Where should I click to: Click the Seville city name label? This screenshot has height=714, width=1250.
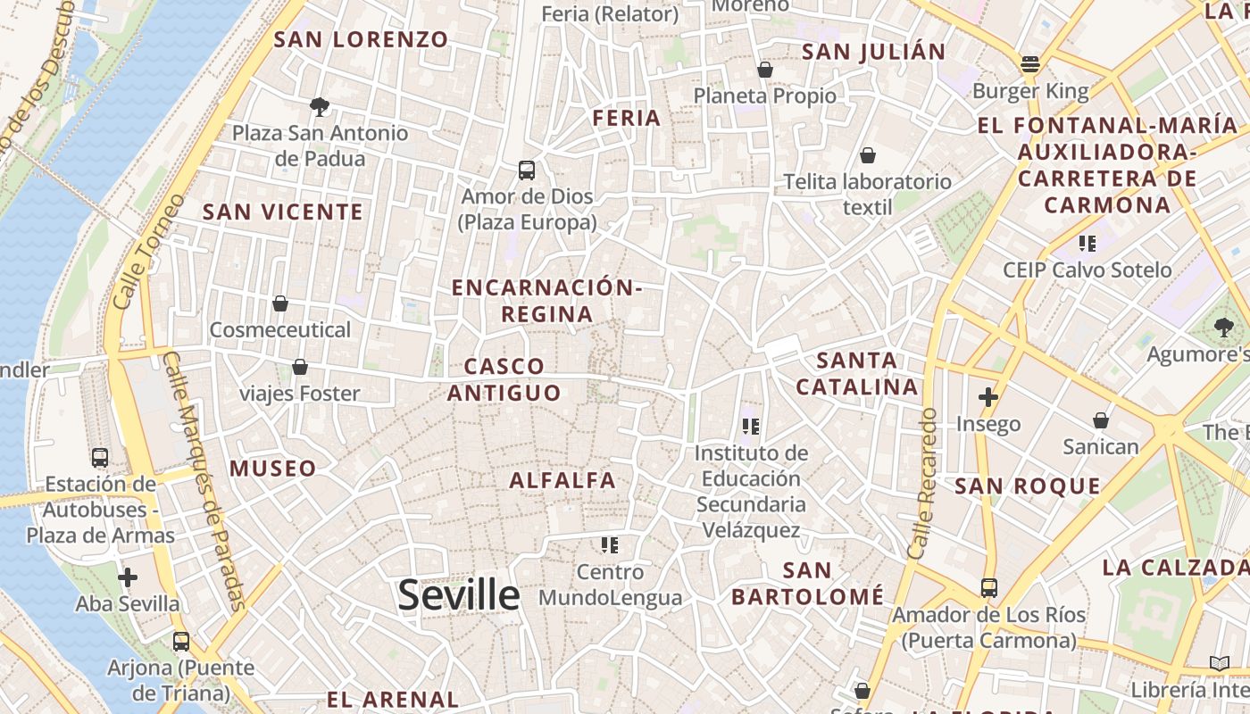tap(458, 595)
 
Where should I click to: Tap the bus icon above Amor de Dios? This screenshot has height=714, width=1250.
tap(527, 170)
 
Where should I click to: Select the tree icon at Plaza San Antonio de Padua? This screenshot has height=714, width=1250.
tap(320, 107)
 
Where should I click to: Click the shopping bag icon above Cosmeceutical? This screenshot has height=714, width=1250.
tap(280, 303)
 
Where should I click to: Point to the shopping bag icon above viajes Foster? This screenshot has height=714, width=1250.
tap(300, 367)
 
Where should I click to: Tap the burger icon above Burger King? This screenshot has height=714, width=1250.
tap(1030, 64)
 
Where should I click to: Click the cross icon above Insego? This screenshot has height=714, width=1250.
tap(988, 397)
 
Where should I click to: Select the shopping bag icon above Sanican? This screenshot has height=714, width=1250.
tap(1101, 419)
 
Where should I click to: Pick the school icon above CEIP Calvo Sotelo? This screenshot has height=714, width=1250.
tap(1087, 243)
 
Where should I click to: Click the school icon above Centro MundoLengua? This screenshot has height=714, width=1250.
tap(610, 544)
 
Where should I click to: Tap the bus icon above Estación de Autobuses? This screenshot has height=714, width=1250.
tap(100, 458)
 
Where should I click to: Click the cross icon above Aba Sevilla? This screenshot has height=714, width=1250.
tap(128, 577)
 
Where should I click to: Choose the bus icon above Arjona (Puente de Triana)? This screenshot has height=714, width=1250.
tap(181, 641)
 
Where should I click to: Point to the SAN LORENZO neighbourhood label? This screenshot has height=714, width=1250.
tap(361, 39)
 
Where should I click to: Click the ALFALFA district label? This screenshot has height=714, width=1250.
tap(562, 480)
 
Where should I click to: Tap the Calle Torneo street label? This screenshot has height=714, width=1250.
tap(149, 252)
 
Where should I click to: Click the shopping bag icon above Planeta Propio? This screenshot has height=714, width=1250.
tap(765, 69)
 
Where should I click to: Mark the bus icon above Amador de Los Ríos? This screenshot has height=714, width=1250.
tap(989, 587)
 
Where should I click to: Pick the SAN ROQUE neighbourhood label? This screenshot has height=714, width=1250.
tap(1028, 486)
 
